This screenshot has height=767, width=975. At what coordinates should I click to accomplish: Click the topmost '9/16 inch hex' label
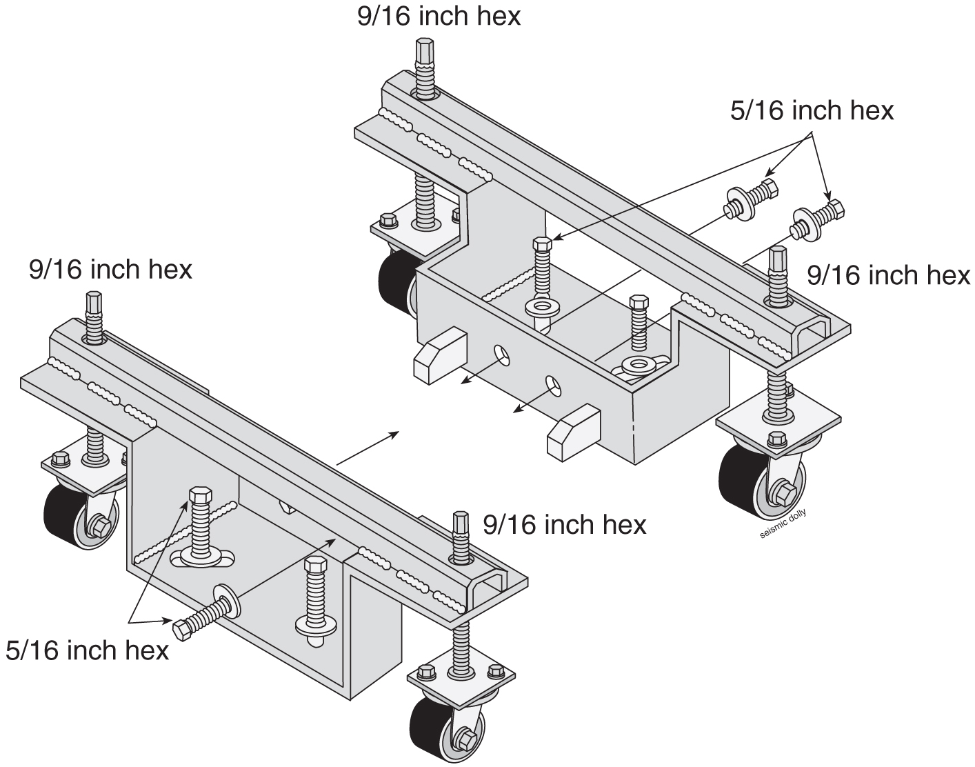point(439,16)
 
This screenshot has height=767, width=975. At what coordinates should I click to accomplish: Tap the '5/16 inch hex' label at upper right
point(812,110)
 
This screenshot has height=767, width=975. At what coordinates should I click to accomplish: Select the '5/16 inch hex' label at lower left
point(87,650)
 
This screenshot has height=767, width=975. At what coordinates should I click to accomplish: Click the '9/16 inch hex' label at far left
point(110,270)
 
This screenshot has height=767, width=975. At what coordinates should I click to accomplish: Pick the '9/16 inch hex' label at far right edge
point(888,275)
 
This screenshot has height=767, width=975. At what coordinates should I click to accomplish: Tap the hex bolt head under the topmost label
point(423,52)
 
